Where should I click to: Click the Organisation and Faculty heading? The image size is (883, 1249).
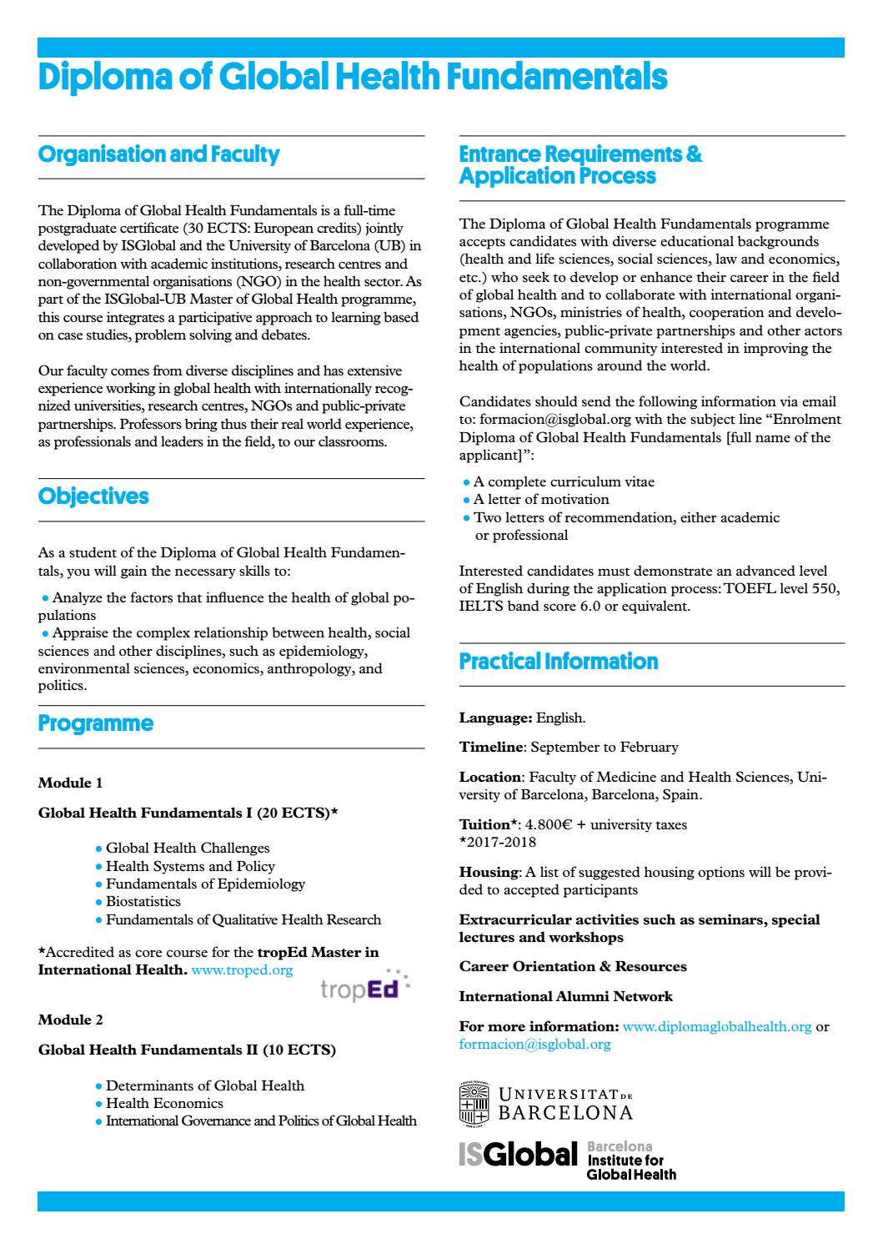point(158,155)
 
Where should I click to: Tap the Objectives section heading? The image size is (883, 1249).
point(93,496)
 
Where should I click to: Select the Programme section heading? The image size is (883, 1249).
point(96,723)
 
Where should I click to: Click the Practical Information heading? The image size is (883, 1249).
point(559,662)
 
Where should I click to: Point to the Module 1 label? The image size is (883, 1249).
point(71,783)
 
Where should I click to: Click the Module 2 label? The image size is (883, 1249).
point(71,1020)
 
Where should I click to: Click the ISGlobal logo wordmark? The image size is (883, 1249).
point(518,1156)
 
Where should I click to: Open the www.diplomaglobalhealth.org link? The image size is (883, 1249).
point(717,1027)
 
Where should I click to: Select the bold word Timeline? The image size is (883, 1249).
point(491,748)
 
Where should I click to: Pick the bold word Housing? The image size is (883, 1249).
point(489,873)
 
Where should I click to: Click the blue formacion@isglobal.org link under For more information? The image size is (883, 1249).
point(534,1045)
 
